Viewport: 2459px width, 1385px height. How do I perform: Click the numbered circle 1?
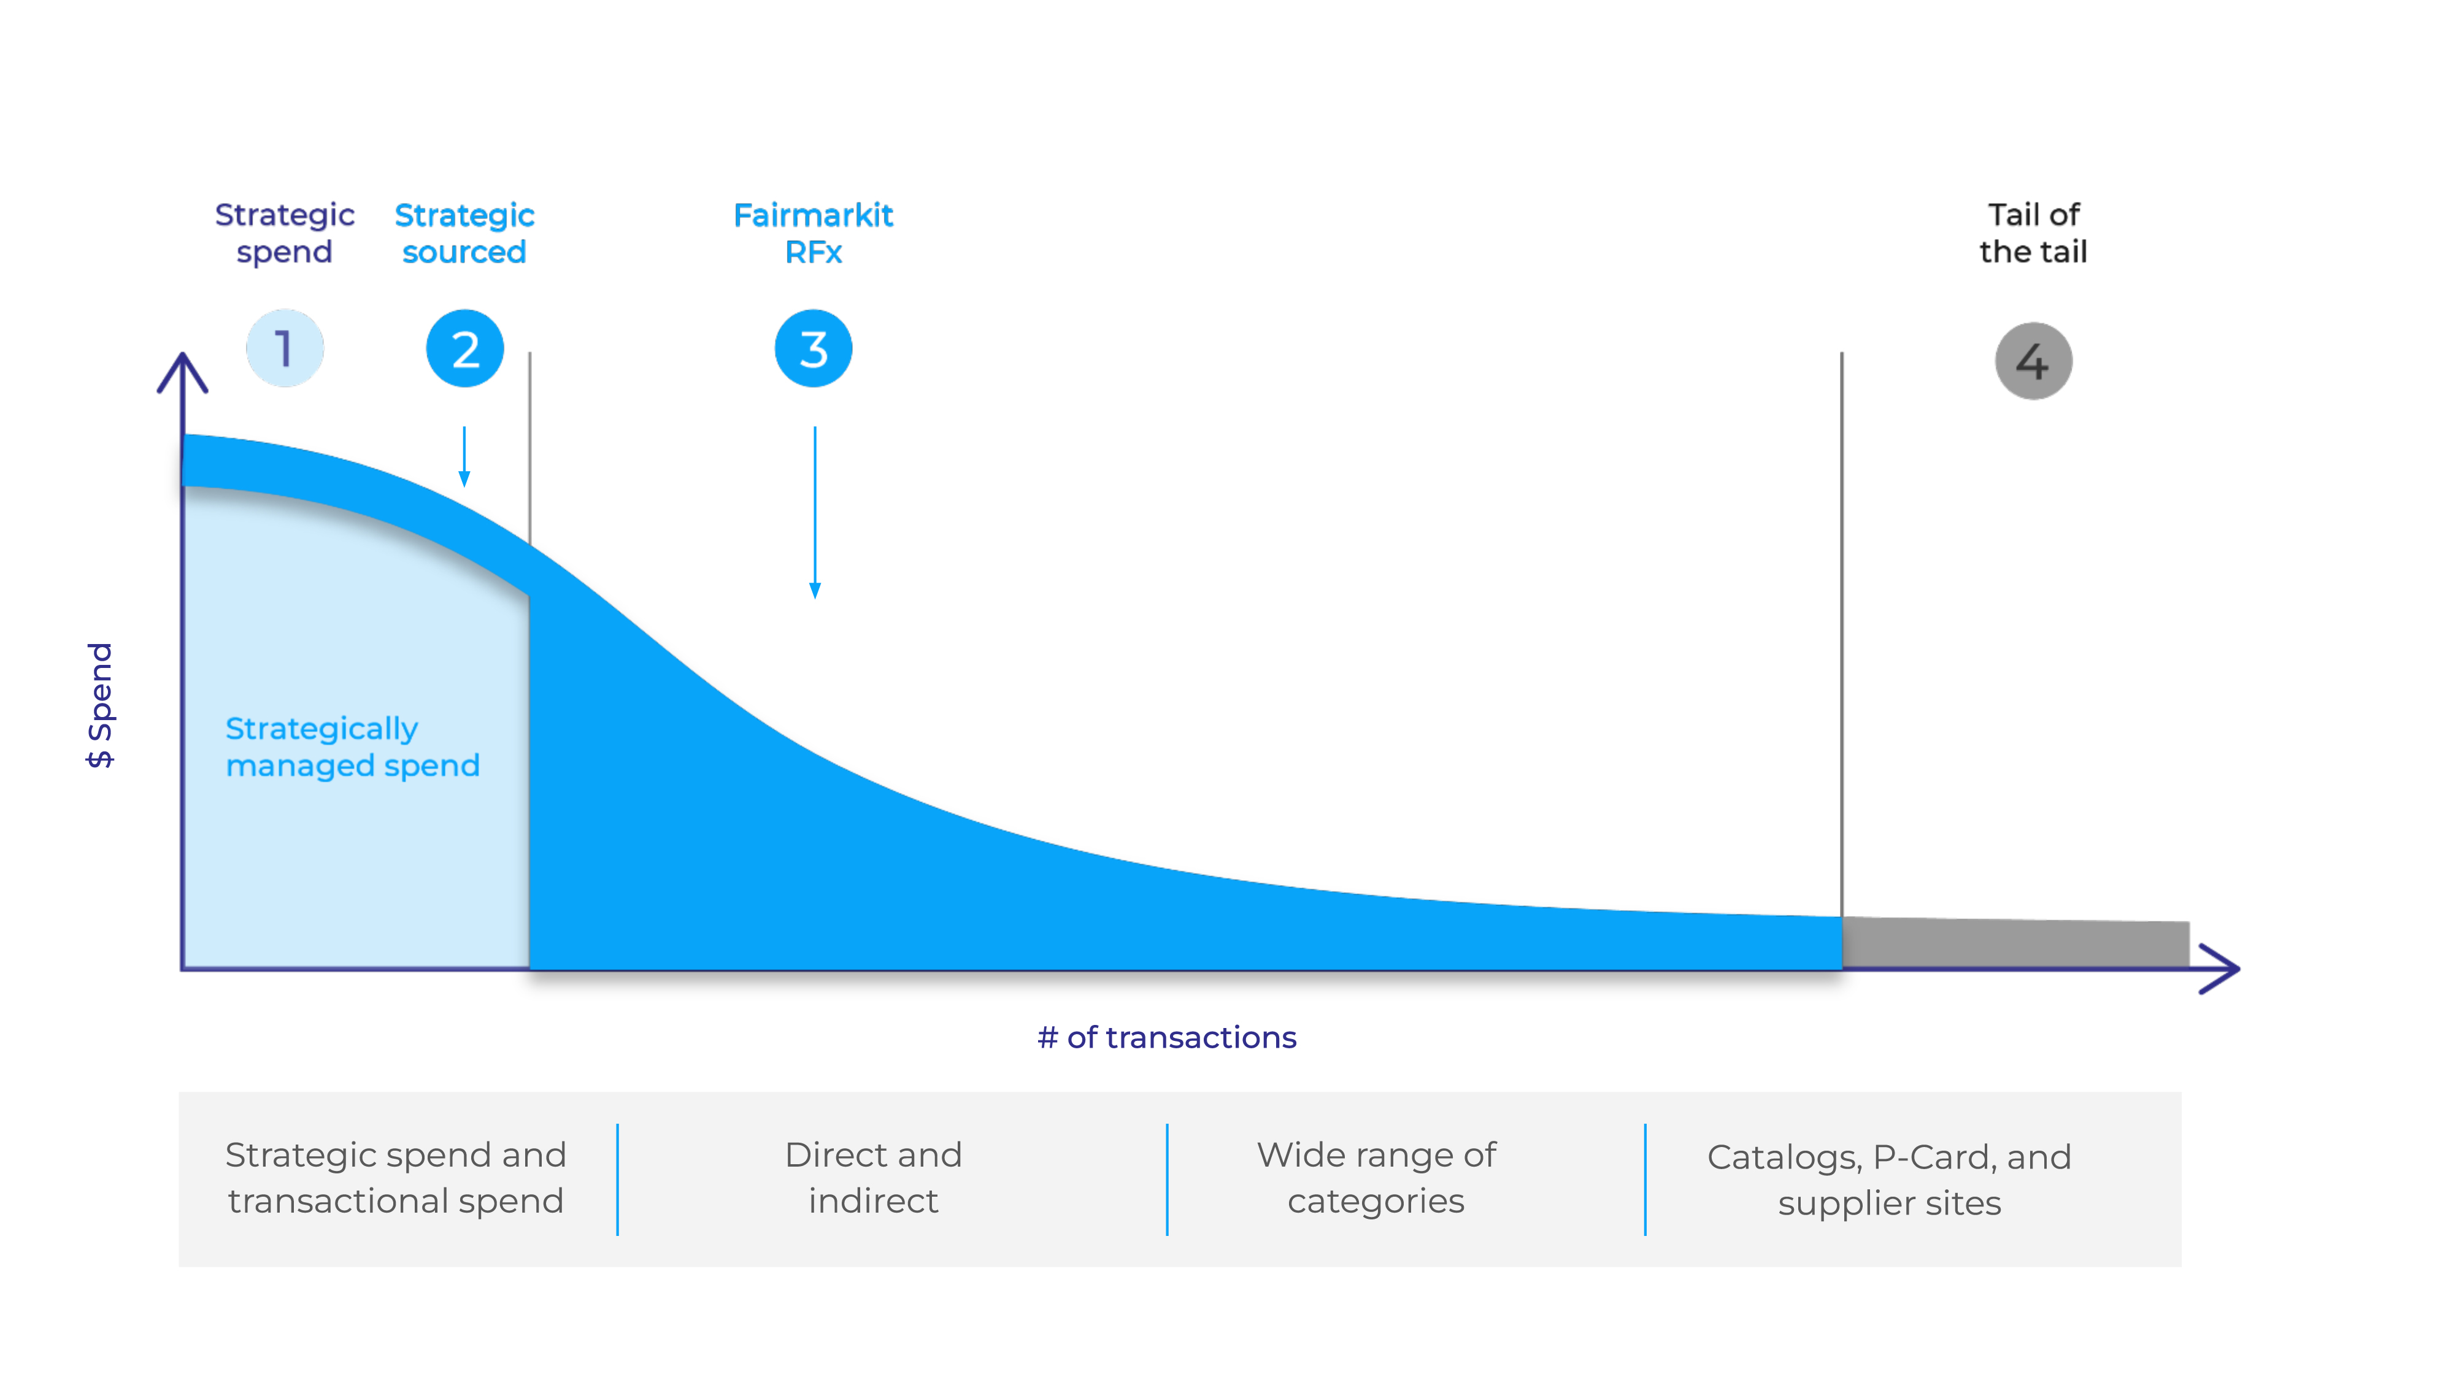tap(285, 348)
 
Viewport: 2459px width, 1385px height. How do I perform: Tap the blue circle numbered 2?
tap(465, 348)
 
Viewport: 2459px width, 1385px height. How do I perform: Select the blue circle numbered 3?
tap(814, 348)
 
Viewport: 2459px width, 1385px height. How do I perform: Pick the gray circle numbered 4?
tap(2033, 361)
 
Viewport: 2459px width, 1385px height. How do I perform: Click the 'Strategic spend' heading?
tap(285, 233)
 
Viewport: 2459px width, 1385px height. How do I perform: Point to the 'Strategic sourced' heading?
tap(465, 233)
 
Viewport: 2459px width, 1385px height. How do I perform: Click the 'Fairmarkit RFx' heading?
tap(814, 233)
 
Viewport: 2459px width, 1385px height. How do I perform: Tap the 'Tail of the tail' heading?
tap(2033, 233)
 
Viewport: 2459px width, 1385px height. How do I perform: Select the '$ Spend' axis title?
tap(100, 705)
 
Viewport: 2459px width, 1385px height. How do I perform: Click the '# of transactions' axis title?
tap(1166, 1038)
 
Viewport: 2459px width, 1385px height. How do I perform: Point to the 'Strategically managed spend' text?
tap(352, 746)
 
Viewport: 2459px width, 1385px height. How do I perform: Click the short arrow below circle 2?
tap(465, 456)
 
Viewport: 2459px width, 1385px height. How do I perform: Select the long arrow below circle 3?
tap(814, 513)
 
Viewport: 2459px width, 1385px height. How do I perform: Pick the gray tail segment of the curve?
tap(2015, 943)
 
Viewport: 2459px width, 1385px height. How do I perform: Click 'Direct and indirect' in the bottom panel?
tap(874, 1178)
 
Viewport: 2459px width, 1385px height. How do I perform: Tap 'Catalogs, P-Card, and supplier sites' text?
tap(1889, 1180)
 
